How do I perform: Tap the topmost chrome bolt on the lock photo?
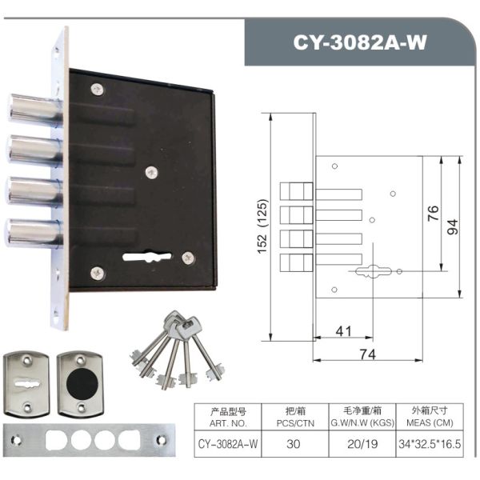point(34,110)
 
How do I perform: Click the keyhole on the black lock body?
point(147,257)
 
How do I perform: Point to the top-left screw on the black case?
point(98,89)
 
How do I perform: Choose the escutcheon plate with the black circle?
point(81,384)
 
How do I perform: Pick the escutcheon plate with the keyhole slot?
point(26,384)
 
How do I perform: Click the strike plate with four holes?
point(89,440)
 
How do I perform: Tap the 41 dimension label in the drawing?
point(343,331)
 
